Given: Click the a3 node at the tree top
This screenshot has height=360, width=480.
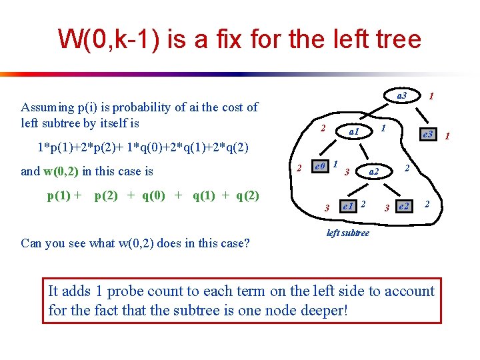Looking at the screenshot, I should click(401, 96).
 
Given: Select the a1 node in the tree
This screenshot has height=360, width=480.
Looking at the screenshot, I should click(353, 132).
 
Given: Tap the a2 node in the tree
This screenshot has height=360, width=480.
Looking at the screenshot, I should click(374, 172).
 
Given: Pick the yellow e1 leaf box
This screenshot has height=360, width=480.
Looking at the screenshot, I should click(347, 206).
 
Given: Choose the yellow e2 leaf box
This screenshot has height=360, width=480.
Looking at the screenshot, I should click(403, 207).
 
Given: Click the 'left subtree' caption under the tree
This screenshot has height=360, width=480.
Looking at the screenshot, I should click(347, 233).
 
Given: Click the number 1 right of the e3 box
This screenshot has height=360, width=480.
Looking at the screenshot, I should click(447, 137).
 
